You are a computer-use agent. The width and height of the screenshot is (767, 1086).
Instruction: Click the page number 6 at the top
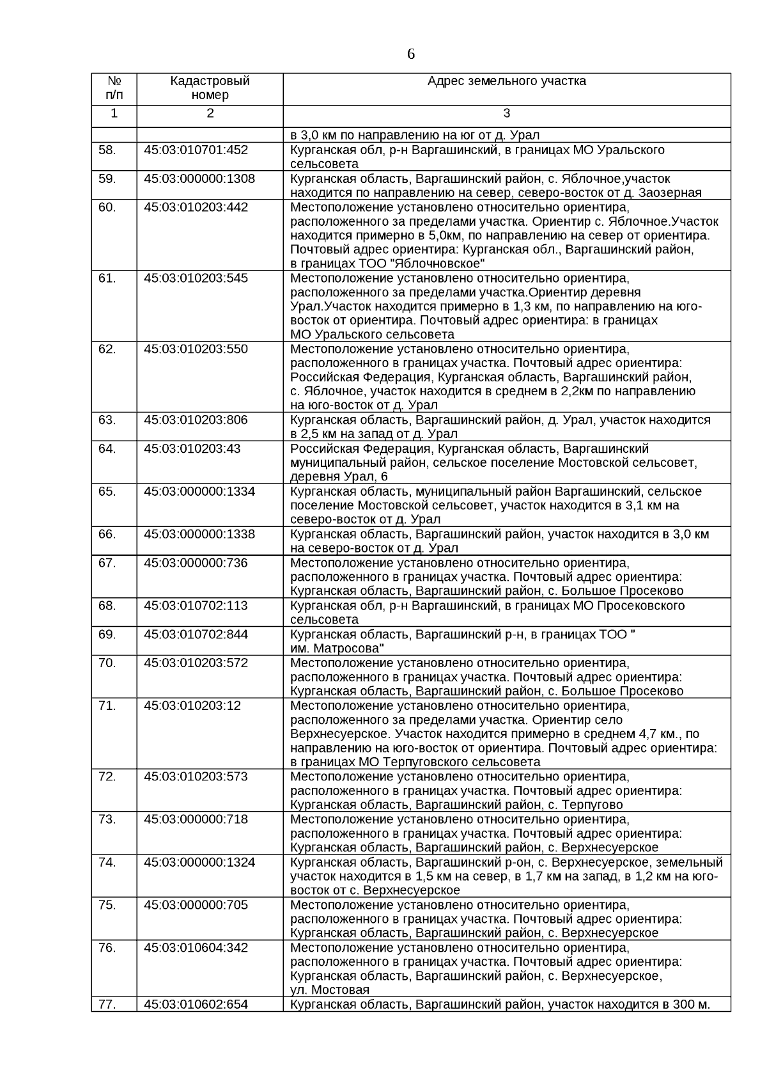tap(410, 54)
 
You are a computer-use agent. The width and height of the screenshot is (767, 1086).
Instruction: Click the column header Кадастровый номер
tap(210, 88)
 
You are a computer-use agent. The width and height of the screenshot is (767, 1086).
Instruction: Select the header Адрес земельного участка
tap(506, 81)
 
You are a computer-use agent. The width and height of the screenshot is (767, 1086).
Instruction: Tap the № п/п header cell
tap(114, 88)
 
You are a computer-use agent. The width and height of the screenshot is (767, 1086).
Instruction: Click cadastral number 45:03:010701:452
tap(196, 150)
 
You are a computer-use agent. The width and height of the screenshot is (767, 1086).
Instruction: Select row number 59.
tap(107, 178)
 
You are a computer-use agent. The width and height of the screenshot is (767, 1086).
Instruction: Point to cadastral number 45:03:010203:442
tap(196, 207)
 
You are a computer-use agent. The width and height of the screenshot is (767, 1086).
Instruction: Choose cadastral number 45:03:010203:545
tap(196, 278)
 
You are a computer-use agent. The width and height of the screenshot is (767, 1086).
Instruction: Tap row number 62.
tap(107, 349)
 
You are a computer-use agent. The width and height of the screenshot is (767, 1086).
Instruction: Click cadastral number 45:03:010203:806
tap(196, 420)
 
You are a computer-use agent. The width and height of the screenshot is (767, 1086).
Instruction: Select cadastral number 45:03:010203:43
tap(192, 448)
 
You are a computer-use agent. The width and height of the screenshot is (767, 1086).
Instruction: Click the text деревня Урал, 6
tap(339, 477)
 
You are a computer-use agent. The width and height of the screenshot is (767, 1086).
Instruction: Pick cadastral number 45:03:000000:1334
tap(199, 491)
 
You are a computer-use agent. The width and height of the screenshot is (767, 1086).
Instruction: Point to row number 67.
tap(107, 563)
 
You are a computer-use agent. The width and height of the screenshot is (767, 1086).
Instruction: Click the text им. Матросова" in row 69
tap(337, 648)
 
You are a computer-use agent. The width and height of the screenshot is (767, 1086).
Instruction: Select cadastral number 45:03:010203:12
tap(192, 705)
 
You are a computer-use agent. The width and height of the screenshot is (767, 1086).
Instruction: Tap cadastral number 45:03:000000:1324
tap(199, 862)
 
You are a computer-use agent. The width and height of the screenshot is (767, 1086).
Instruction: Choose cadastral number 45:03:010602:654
tap(196, 1005)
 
